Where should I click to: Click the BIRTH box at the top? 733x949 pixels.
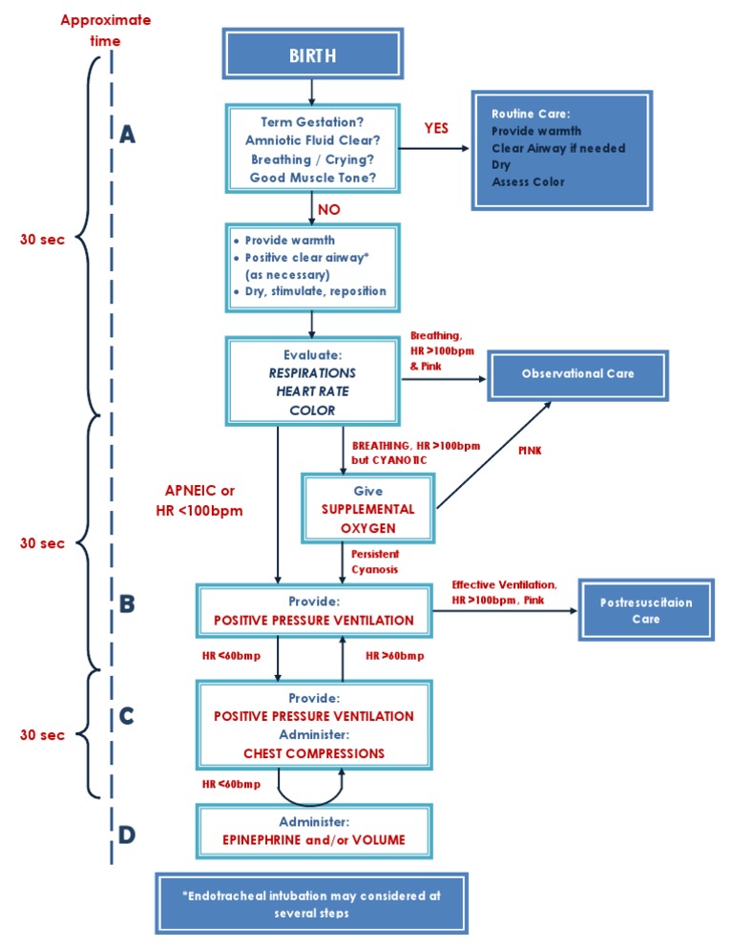tap(312, 54)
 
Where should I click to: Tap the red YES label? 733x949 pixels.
tap(437, 128)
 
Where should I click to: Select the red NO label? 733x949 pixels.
tap(327, 209)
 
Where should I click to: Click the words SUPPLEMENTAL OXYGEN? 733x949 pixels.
tap(366, 517)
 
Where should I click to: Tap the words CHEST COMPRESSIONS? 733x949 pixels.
tap(314, 753)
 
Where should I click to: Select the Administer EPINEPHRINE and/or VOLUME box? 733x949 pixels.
tap(314, 831)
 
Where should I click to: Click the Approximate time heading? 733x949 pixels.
tap(105, 31)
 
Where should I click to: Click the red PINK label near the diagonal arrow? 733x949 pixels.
tap(529, 451)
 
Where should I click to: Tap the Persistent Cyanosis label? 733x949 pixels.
tap(374, 561)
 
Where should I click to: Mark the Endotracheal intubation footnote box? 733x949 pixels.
tap(311, 904)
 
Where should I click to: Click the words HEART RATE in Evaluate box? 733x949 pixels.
tap(312, 391)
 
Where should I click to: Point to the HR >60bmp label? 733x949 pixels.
tap(394, 656)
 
